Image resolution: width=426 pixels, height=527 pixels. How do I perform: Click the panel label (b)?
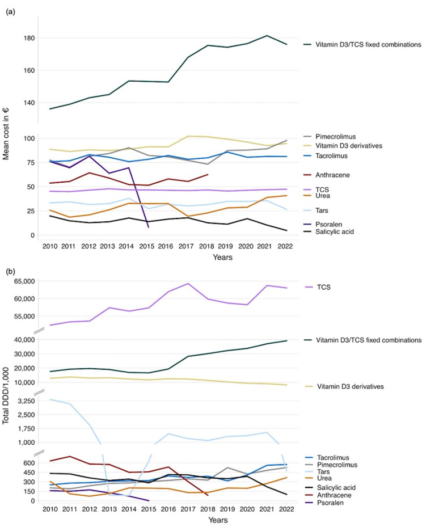pos(10,271)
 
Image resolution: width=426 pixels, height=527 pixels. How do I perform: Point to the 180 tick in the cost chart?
pos(28,38)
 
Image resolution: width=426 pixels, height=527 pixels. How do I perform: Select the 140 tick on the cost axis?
pos(28,103)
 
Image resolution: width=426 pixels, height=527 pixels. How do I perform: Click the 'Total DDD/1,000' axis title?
pos(7,391)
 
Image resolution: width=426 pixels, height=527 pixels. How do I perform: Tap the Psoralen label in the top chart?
pos(331,224)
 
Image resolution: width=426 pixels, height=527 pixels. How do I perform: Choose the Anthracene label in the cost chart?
pos(334,175)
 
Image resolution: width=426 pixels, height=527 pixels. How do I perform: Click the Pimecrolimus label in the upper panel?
pos(337,137)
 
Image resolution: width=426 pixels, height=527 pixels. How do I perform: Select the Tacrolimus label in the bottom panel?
pos(333,457)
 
